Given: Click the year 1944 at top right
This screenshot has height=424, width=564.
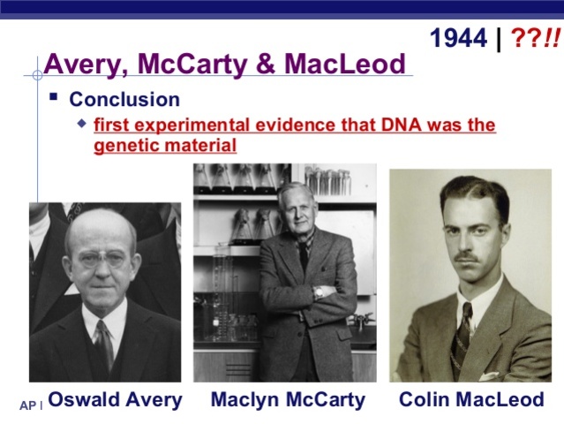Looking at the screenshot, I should click(x=457, y=38).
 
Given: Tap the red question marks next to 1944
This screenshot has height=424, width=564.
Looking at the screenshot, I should click(x=533, y=38).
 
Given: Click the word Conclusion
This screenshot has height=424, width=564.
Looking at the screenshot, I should click(x=124, y=100).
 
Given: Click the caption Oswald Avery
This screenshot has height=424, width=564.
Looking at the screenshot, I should click(x=115, y=399).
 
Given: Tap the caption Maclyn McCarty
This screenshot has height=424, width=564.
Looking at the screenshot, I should click(x=288, y=399).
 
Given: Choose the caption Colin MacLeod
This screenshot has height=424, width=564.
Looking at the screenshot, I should click(x=471, y=399).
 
